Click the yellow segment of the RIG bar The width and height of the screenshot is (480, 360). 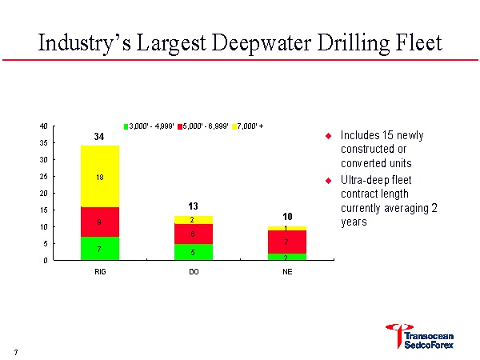pos(100,176)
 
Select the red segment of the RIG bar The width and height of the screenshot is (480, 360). pos(100,222)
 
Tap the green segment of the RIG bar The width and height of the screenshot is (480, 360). pos(100,248)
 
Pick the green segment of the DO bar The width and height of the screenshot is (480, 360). pos(193,251)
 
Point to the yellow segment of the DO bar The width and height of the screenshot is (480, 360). pos(193,219)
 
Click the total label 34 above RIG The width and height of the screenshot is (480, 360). pos(99,138)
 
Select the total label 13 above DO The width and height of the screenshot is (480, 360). pos(193,206)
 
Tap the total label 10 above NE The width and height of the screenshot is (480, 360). pos(286,217)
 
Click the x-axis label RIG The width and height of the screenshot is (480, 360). pos(100,272)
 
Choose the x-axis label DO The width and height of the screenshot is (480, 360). pos(193,272)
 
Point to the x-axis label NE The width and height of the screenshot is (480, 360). pos(286,272)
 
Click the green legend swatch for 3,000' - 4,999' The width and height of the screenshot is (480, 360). pos(126,126)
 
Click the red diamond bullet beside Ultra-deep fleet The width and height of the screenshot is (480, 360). pos(328,179)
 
